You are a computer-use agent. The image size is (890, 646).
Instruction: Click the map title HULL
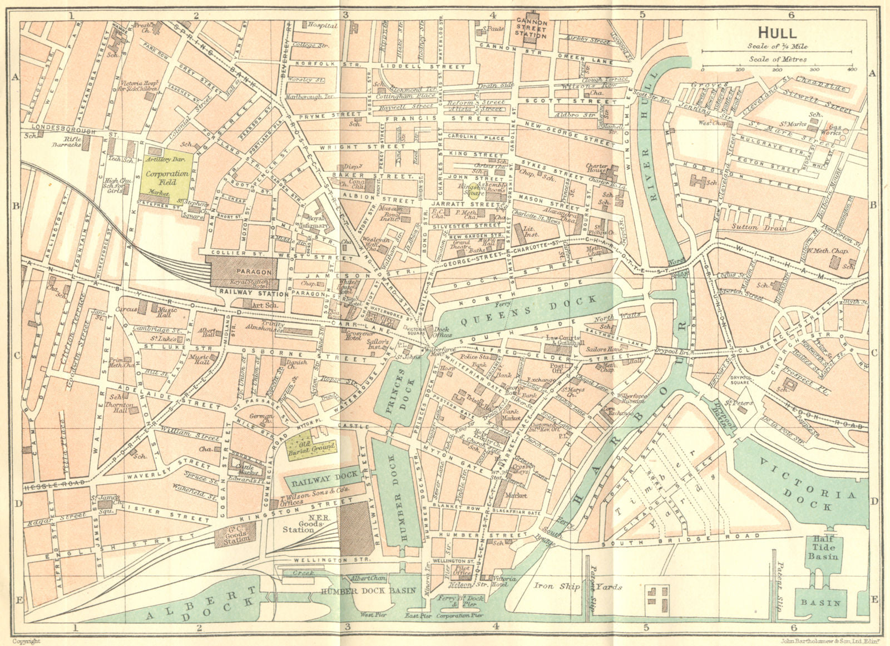[778, 32]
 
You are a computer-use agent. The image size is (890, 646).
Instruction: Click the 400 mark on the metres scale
[851, 69]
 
